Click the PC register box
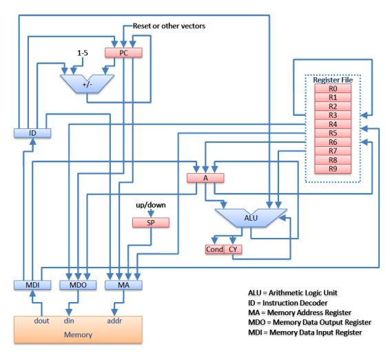click(123, 53)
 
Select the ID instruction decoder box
click(32, 133)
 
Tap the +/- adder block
click(87, 84)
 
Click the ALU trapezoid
click(251, 218)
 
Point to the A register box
click(205, 178)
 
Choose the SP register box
click(151, 223)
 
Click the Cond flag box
click(215, 249)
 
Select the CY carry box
click(233, 249)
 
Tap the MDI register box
click(32, 285)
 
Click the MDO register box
click(78, 285)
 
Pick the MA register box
click(123, 285)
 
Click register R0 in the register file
click(333, 89)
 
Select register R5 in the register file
click(333, 133)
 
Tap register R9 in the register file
click(333, 169)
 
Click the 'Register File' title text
click(333, 80)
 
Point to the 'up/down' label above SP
click(151, 205)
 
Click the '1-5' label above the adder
click(83, 53)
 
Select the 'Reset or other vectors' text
click(169, 26)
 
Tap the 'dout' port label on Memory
click(41, 321)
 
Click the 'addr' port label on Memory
click(114, 321)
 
